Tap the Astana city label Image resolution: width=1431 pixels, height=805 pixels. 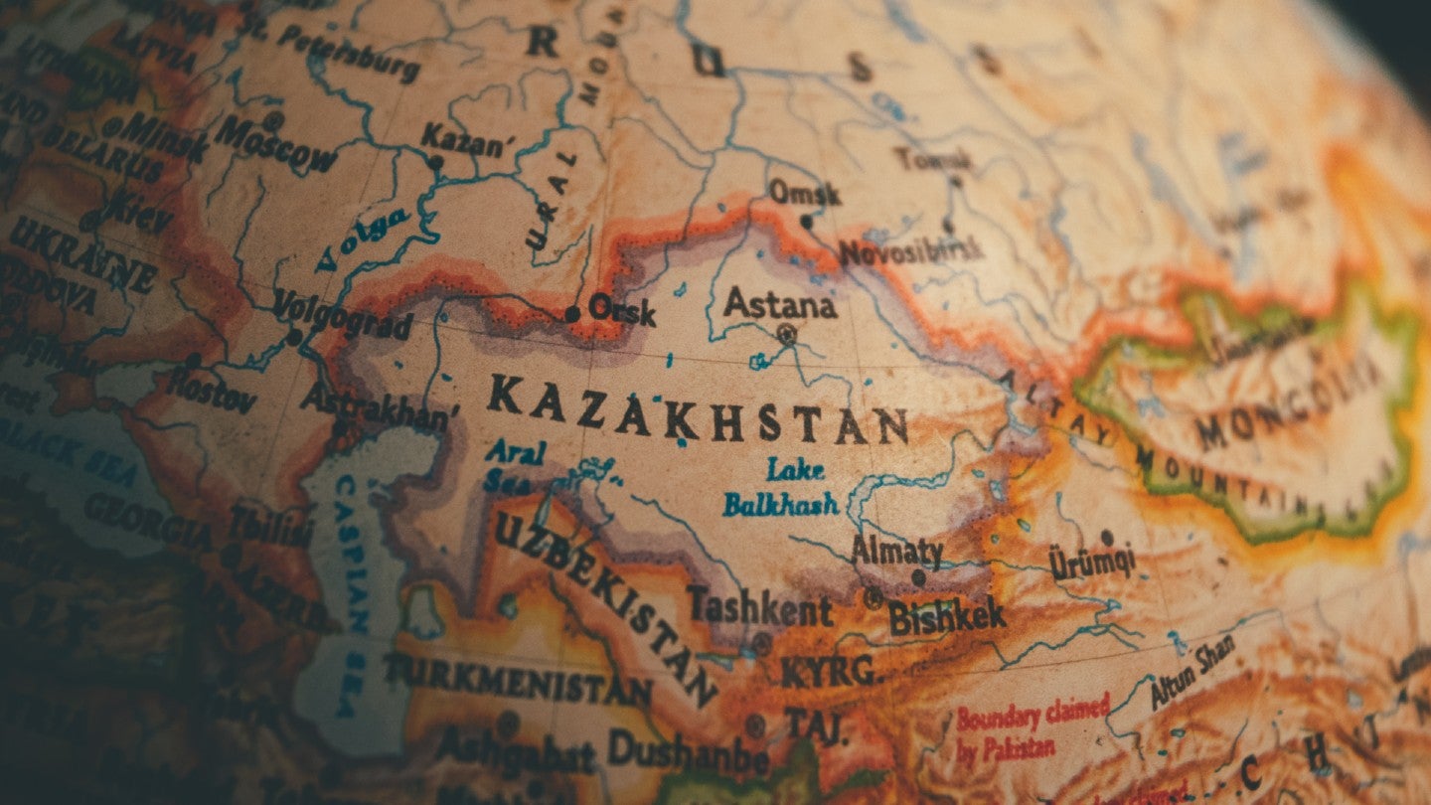coord(779,303)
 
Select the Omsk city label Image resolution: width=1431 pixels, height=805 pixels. coord(805,192)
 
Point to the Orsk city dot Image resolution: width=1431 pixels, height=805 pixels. coord(572,314)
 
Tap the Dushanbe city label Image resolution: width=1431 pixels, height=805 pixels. coord(688,750)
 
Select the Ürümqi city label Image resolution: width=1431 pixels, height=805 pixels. coord(1092,563)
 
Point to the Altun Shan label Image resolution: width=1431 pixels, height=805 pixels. coord(1192,672)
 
